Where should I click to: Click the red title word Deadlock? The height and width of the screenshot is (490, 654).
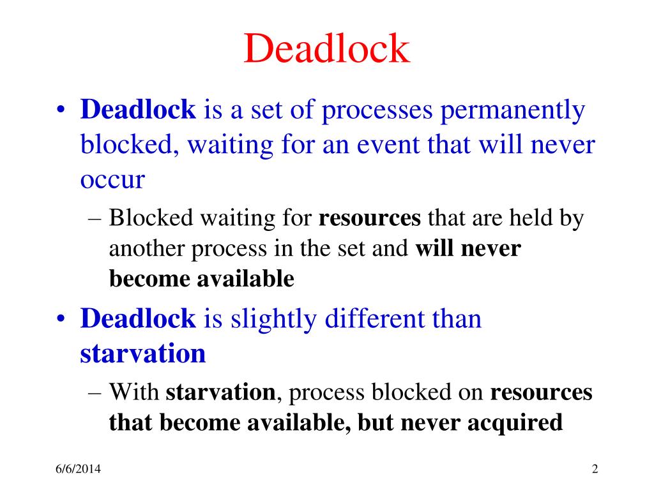click(326, 50)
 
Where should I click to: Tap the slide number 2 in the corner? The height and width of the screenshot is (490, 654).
click(595, 470)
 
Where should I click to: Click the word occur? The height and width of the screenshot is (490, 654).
click(112, 181)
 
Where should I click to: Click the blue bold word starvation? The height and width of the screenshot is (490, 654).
click(143, 353)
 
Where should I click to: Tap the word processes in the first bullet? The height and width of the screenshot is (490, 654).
click(375, 111)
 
